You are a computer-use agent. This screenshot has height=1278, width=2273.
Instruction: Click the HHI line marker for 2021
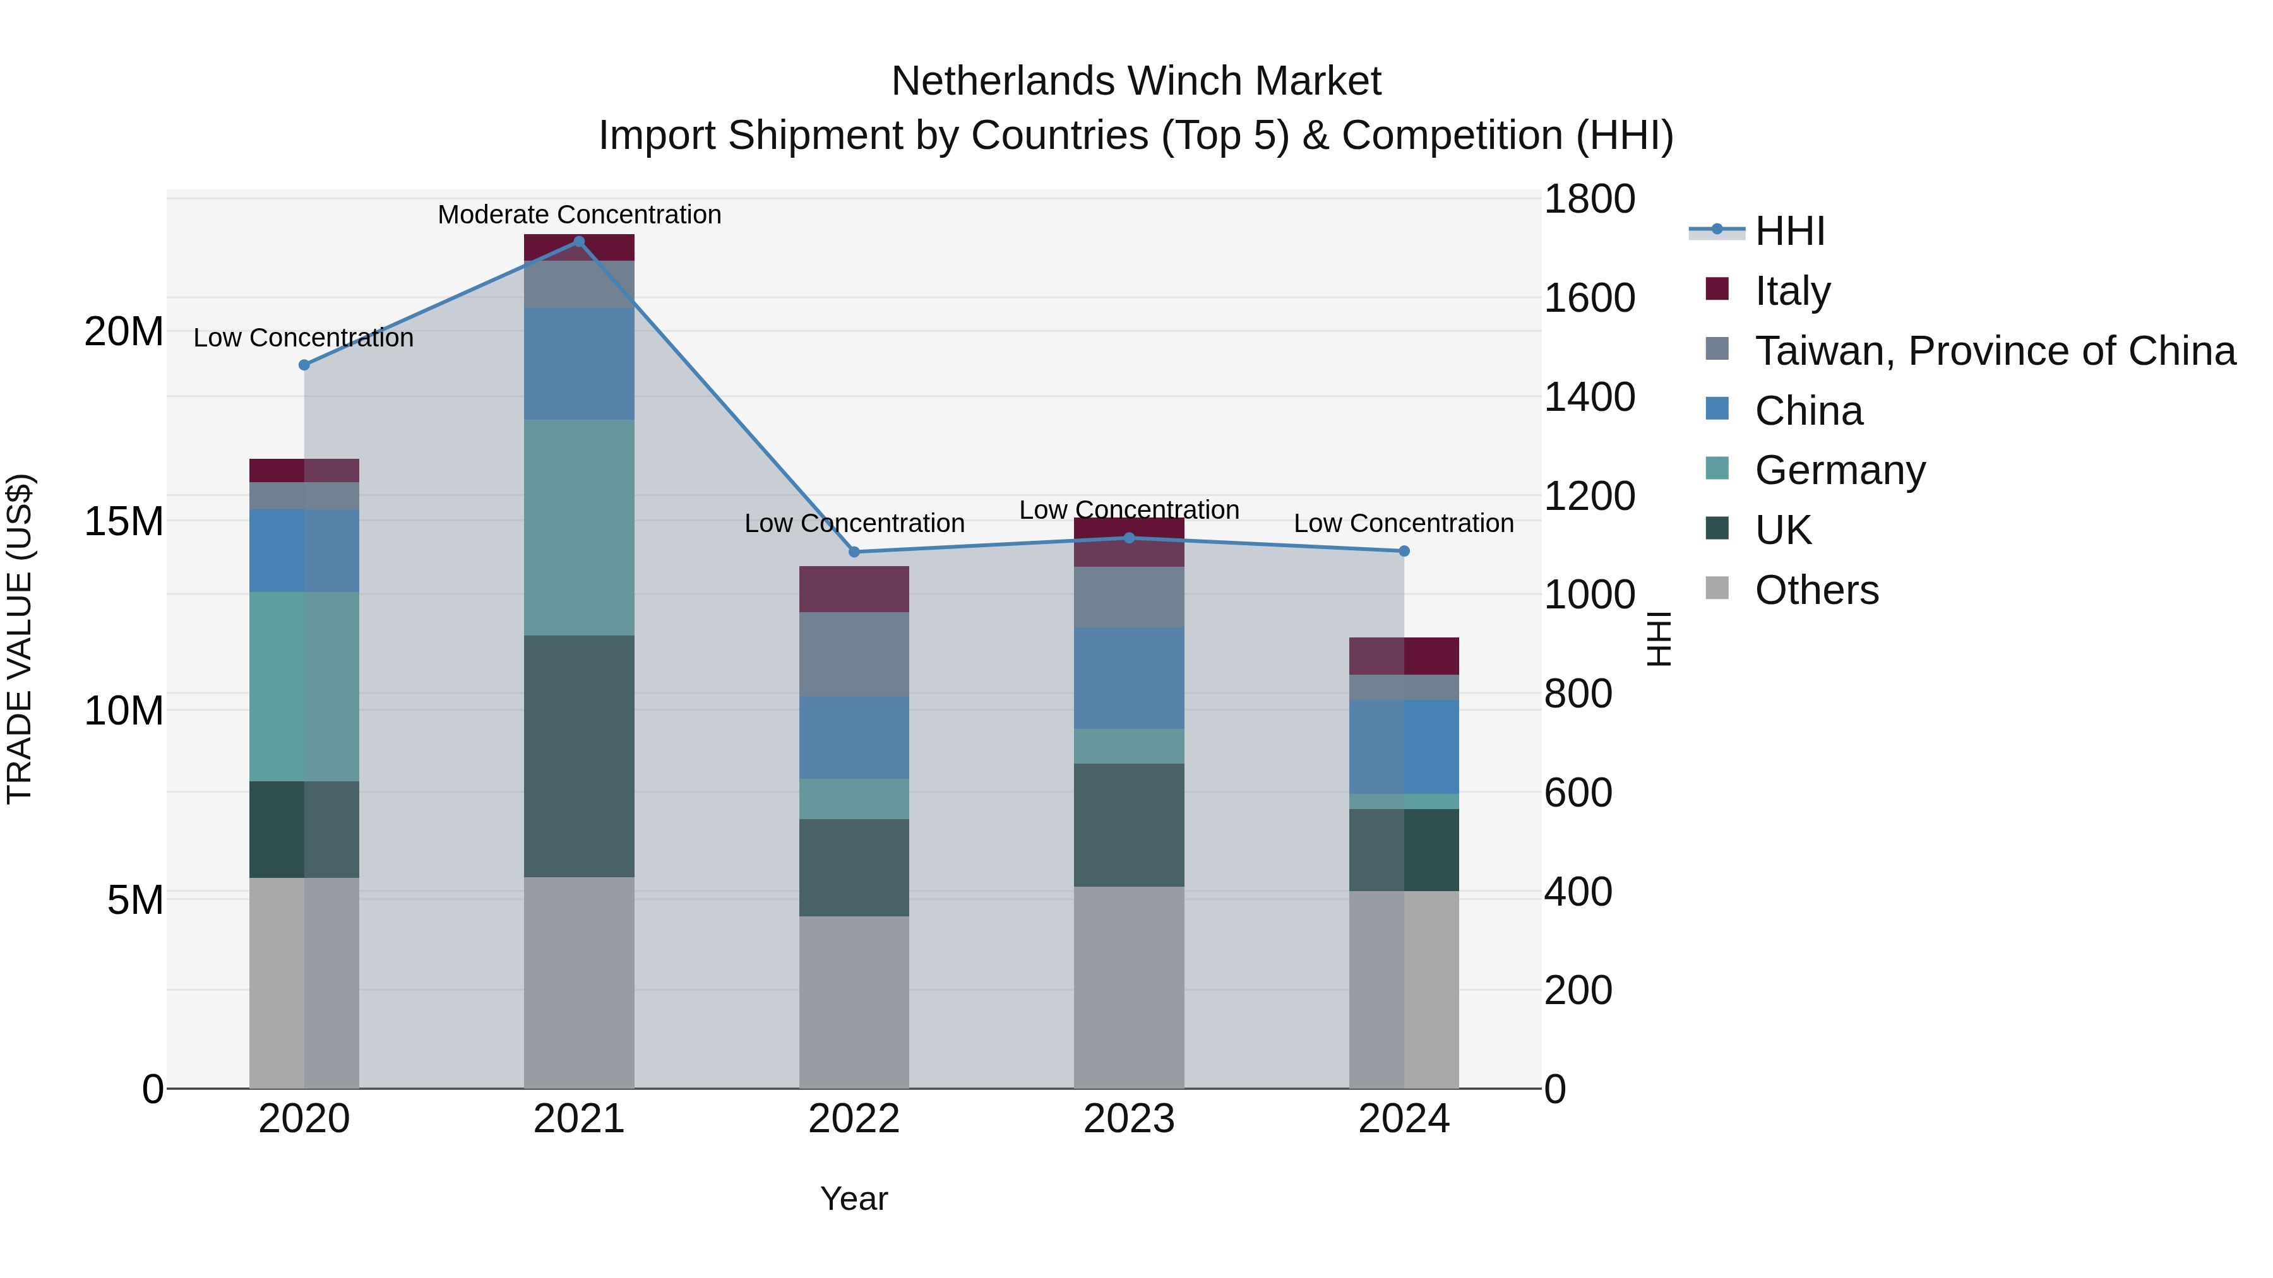click(579, 242)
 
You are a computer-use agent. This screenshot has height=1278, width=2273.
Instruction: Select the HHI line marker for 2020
click(304, 365)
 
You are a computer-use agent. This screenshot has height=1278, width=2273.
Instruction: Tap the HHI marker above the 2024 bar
click(1404, 551)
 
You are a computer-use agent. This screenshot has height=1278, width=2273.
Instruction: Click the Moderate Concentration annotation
click(579, 215)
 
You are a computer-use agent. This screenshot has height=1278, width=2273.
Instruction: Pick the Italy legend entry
click(1791, 290)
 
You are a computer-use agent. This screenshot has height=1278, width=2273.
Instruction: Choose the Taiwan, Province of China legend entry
click(1994, 350)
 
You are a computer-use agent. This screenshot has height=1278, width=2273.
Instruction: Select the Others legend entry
click(1816, 590)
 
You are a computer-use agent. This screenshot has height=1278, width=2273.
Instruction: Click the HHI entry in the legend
click(1789, 231)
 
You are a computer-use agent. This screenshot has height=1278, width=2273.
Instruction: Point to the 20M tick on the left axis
click(124, 333)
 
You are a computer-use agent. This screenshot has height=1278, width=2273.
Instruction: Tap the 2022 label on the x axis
click(853, 1119)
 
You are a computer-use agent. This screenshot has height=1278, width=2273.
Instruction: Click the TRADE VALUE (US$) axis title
click(20, 639)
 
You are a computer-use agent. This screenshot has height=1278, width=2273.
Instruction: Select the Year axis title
click(853, 1198)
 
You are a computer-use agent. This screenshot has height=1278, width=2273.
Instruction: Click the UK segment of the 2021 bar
click(579, 756)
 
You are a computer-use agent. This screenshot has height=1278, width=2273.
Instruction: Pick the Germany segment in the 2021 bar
click(579, 528)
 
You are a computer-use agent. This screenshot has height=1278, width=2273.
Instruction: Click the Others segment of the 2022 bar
click(853, 1002)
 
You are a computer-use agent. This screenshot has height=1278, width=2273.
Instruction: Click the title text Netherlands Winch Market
click(1136, 81)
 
